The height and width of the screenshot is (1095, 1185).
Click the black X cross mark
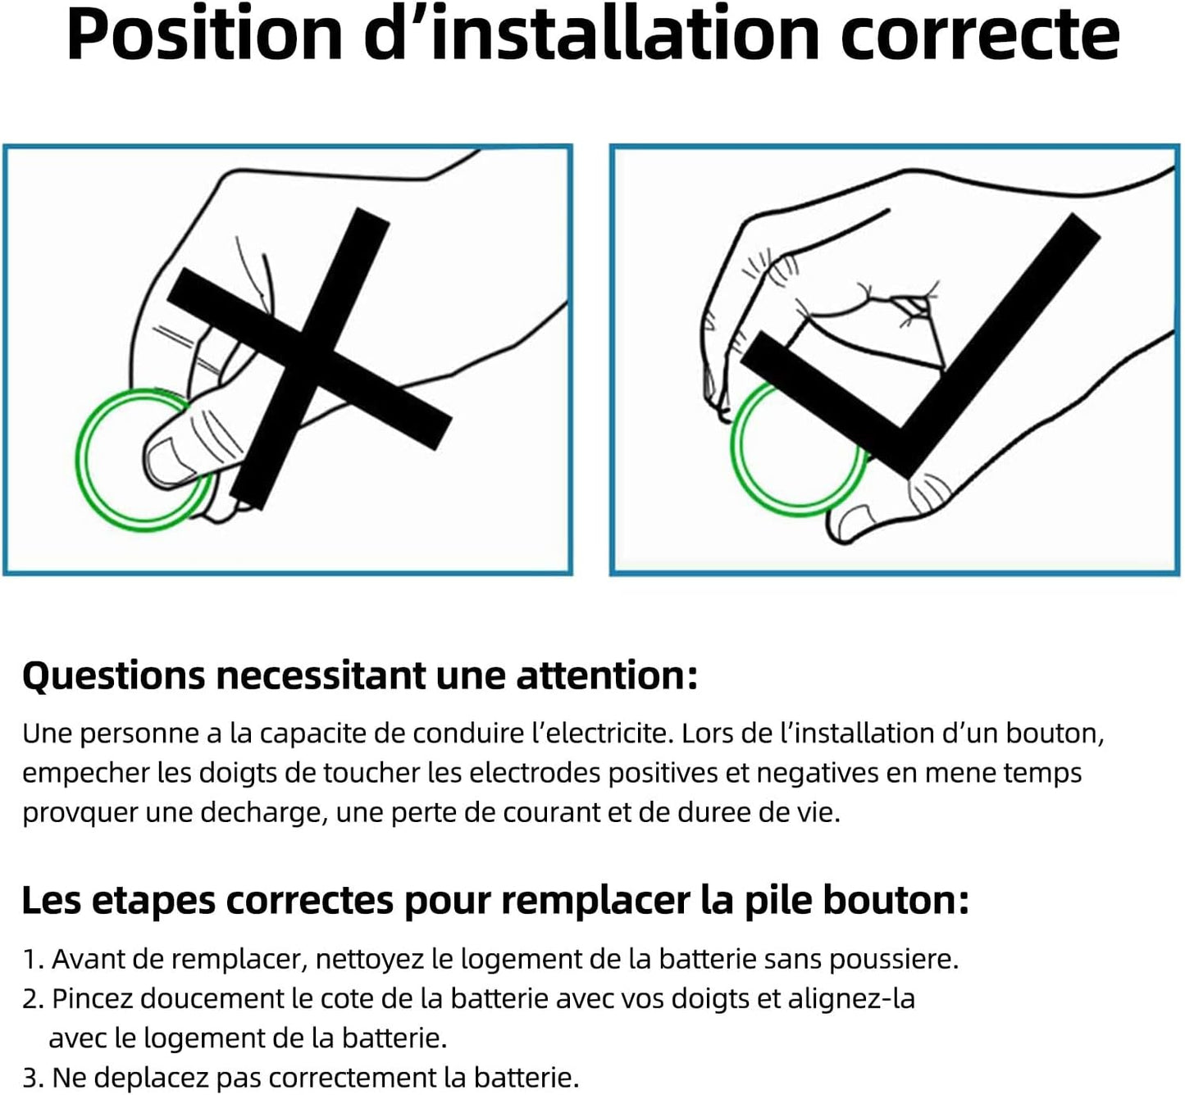point(309,358)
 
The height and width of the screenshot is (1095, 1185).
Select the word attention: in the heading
point(607,676)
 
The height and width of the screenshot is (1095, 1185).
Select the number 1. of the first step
point(34,960)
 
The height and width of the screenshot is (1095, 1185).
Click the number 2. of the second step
point(34,999)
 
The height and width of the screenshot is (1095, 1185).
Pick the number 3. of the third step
point(34,1077)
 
